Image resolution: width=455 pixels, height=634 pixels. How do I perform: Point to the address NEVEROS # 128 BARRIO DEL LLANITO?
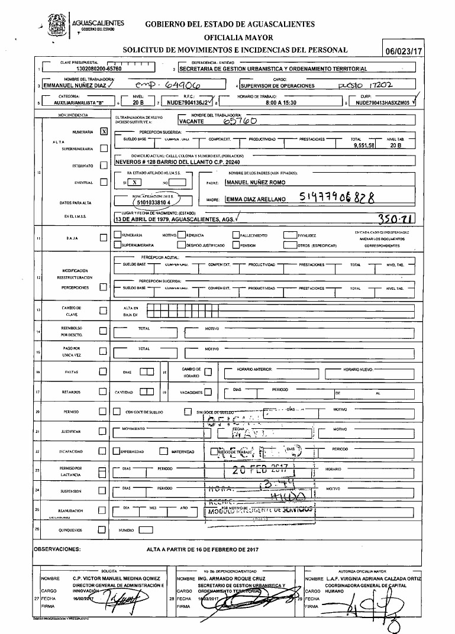click(183, 161)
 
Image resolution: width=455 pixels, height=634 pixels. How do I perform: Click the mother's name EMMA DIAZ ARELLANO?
click(256, 200)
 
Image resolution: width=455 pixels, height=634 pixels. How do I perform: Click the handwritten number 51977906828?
click(338, 199)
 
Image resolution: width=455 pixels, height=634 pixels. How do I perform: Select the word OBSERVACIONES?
click(58, 549)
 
